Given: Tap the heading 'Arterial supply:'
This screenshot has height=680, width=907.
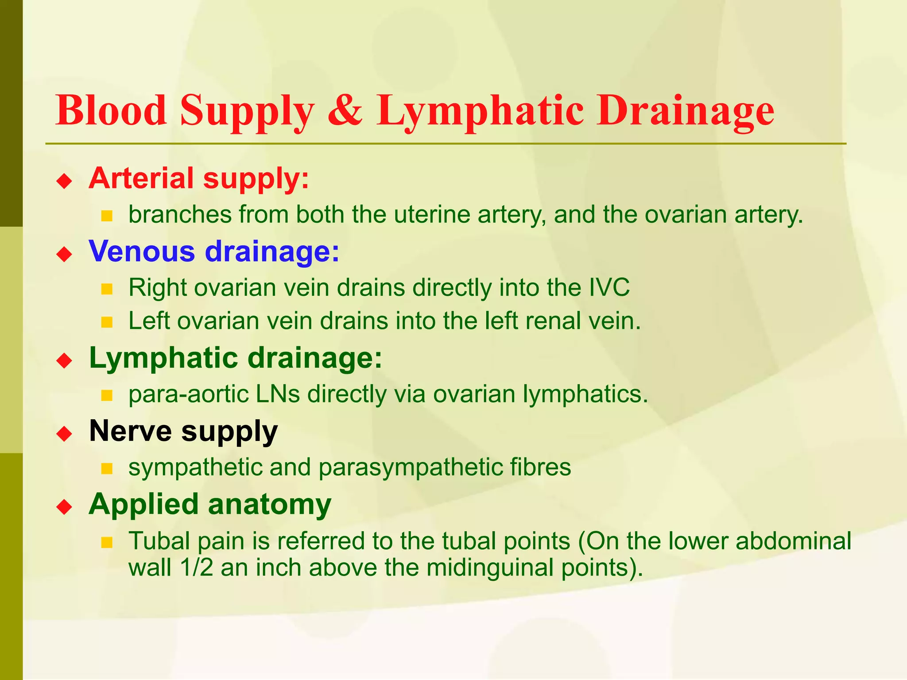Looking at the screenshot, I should point(199,178).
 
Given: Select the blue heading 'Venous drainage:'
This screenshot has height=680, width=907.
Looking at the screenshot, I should point(214,251).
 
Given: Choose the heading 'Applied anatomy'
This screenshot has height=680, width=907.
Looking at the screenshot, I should point(210,504).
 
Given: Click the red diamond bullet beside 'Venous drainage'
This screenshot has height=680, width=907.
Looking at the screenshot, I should point(65,254).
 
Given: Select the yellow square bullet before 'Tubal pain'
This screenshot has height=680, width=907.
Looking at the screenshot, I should point(107,542).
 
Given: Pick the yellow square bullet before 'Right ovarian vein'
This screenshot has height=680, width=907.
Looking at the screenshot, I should point(107,290).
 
